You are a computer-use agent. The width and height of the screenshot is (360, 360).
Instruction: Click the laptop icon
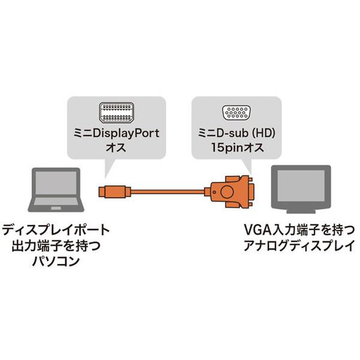click(x=55, y=192)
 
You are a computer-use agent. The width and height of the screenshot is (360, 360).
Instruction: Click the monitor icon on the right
click(x=301, y=189)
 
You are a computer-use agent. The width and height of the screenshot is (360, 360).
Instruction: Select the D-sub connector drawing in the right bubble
click(x=236, y=113)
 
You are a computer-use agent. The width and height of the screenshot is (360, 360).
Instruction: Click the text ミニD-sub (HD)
click(x=236, y=134)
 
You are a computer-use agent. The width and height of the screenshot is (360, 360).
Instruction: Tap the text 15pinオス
click(x=236, y=148)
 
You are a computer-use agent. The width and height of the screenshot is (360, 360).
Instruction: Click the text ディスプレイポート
click(x=56, y=229)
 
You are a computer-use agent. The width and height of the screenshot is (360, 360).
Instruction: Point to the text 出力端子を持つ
click(x=56, y=246)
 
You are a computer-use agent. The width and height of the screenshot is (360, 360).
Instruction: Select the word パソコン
click(x=56, y=262)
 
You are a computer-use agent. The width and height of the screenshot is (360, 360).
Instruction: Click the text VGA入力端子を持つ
click(x=295, y=229)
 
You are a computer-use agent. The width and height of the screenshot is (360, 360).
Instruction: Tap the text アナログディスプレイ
click(x=295, y=246)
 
